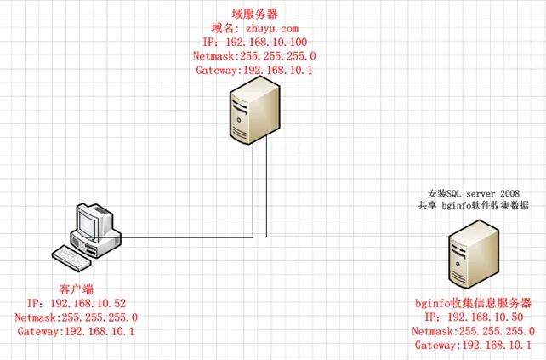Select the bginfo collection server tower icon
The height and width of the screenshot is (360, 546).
click(472, 255)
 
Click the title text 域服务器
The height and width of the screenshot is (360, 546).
click(255, 14)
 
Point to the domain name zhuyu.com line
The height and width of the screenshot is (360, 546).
click(255, 28)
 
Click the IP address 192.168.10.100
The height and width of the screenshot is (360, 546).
click(255, 42)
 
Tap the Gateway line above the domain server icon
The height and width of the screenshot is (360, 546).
click(255, 70)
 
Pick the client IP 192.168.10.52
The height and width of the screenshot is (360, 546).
click(77, 303)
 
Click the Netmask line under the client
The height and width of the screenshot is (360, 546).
click(77, 317)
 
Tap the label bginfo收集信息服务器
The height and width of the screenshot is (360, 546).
click(473, 303)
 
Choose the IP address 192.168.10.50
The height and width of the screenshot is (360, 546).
click(473, 317)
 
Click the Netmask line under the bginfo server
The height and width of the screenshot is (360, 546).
click(473, 331)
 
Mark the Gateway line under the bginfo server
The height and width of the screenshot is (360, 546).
click(473, 345)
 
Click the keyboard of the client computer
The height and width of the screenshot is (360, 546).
click(77, 254)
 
